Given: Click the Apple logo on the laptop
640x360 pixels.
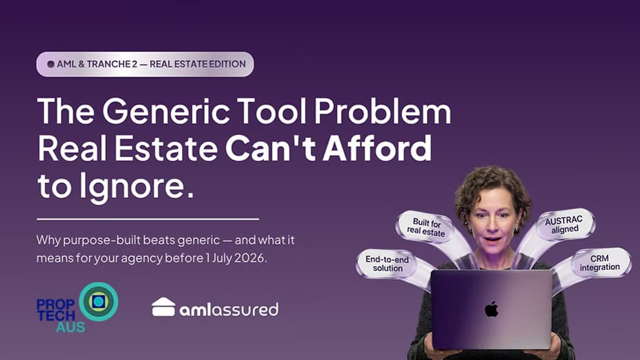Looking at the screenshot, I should pos(491,309).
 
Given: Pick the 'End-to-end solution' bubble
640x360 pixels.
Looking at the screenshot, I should pos(388,264).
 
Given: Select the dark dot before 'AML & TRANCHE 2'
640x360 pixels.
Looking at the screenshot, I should pos(51,64).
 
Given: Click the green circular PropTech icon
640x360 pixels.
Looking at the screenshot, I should pos(98,302).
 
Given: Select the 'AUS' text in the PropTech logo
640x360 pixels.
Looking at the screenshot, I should pos(71,327).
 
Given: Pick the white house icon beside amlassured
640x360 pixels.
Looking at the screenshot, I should pos(163,307).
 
